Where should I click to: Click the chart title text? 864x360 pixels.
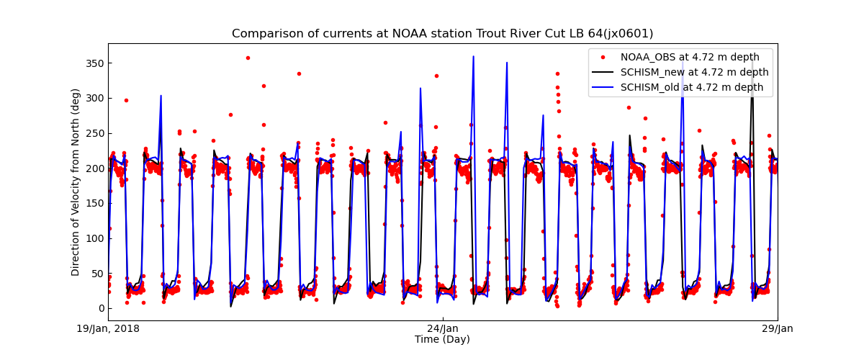point(442,34)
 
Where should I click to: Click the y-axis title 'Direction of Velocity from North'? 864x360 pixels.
point(76,182)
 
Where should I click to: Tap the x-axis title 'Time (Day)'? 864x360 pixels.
point(442,339)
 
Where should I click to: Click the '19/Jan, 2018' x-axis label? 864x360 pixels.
point(108,329)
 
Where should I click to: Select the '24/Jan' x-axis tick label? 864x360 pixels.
point(443,329)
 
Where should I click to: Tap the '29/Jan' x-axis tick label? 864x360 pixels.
point(777,329)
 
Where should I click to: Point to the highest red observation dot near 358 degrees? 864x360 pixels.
point(248,58)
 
